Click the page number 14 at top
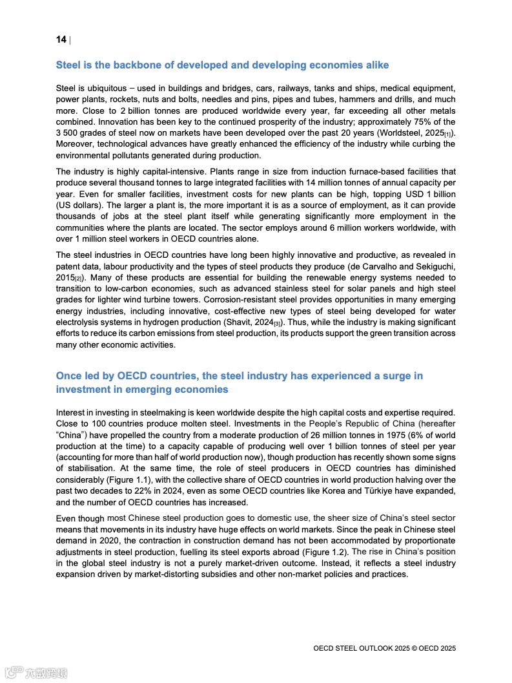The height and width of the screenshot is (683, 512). click(x=61, y=40)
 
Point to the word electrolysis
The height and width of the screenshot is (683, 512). click(x=79, y=322)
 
